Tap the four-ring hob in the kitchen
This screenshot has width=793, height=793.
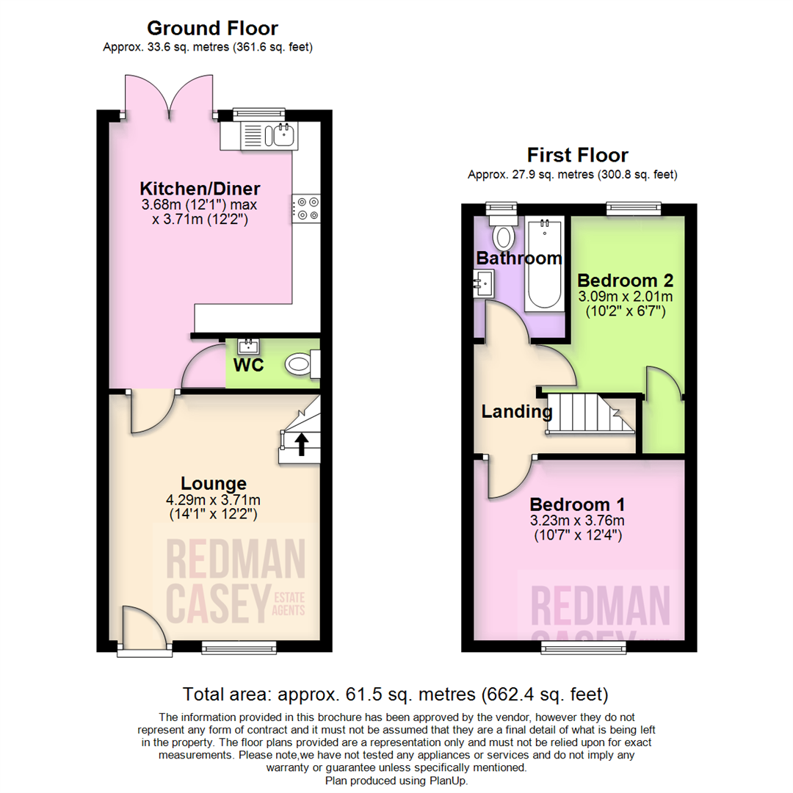305,208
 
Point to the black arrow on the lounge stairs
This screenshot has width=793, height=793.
301,443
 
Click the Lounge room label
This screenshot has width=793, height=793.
214,483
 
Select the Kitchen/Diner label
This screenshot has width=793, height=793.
200,187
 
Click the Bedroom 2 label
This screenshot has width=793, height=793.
625,280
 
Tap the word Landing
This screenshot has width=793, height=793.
516,412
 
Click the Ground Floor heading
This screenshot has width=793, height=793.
212,29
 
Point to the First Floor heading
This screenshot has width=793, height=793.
577,156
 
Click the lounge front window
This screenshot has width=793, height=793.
239,647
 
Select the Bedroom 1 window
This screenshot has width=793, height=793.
584,646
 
